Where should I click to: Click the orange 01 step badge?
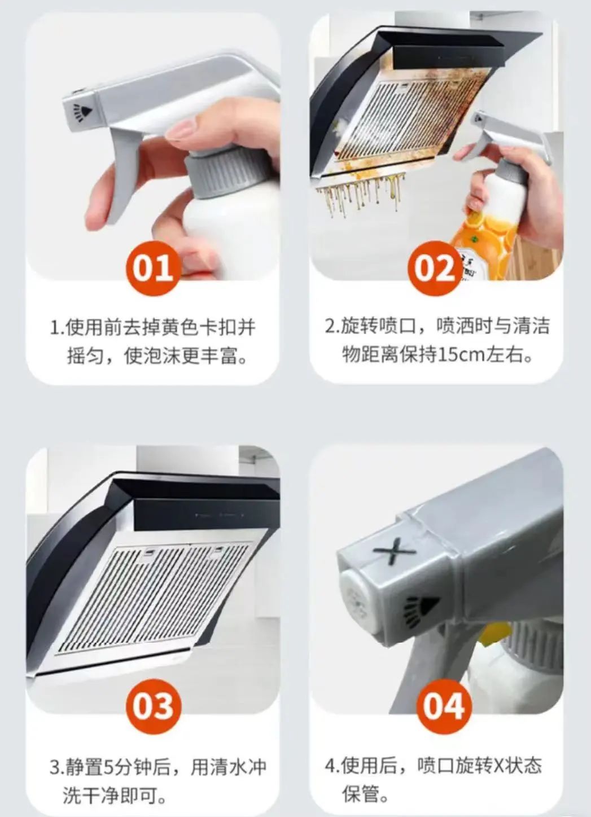[x=154, y=267]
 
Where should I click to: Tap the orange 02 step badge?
[x=435, y=267]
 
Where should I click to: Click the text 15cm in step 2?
[x=458, y=355]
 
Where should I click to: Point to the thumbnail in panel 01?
[x=181, y=131]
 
